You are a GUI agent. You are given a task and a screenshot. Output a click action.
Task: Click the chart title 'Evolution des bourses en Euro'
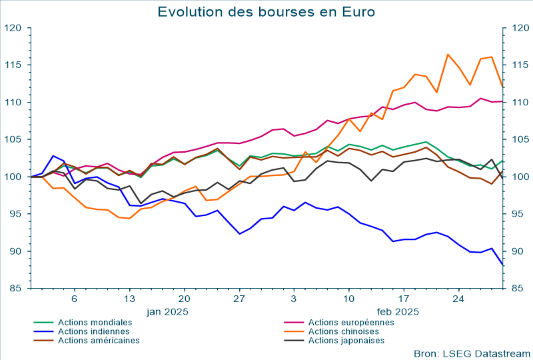tap(266, 12)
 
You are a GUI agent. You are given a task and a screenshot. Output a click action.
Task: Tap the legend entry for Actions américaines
tap(99, 340)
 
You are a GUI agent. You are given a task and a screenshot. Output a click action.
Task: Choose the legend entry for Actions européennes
tap(351, 322)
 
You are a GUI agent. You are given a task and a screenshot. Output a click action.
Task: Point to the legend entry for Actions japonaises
tap(346, 340)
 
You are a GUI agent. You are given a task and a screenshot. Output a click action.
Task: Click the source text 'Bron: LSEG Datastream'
tap(472, 353)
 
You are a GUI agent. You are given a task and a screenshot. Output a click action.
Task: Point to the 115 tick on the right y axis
tap(518, 65)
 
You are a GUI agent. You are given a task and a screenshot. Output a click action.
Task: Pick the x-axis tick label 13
tap(129, 299)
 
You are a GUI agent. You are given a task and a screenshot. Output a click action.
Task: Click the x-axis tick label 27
tap(239, 299)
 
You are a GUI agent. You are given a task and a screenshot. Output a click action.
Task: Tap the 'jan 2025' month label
tap(168, 311)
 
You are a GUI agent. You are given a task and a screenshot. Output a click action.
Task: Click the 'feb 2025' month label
tap(398, 311)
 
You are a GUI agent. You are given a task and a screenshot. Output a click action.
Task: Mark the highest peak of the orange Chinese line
tap(448, 55)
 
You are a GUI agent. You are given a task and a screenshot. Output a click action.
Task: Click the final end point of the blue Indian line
tap(502, 265)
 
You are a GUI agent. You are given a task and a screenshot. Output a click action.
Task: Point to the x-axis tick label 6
tap(75, 299)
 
